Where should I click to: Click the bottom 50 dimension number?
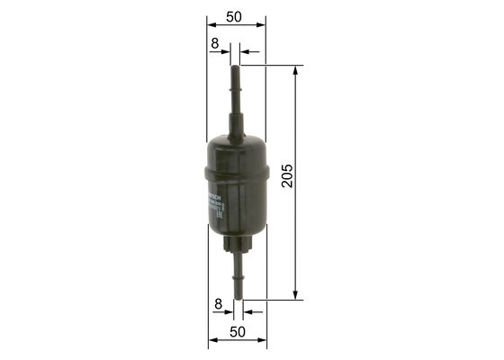[237, 332]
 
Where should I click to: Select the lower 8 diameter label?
[217, 305]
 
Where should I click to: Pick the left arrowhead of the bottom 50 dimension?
[211, 344]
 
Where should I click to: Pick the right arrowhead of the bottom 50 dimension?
[265, 344]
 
